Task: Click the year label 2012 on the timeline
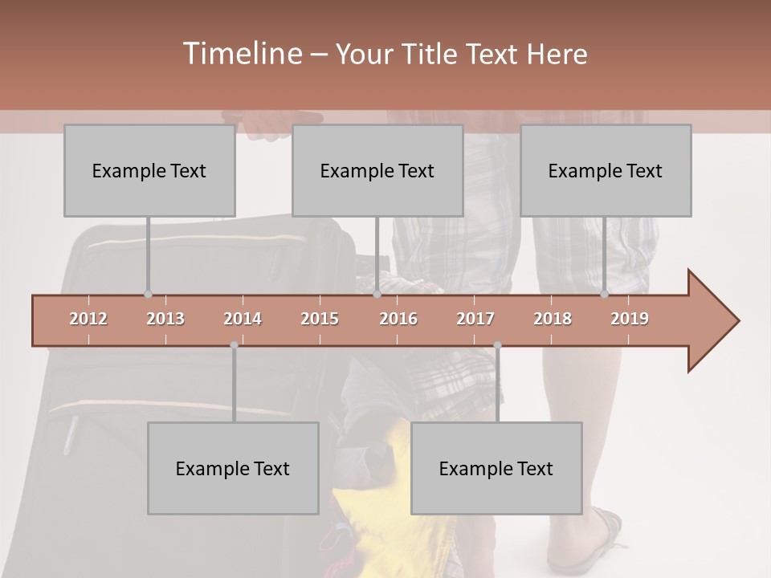pyautogui.click(x=88, y=319)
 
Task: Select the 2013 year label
pyautogui.click(x=165, y=319)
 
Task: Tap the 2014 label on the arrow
pyautogui.click(x=243, y=319)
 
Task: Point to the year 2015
pyautogui.click(x=320, y=319)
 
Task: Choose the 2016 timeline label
pyautogui.click(x=398, y=319)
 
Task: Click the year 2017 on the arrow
pyautogui.click(x=475, y=319)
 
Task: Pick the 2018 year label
pyautogui.click(x=553, y=319)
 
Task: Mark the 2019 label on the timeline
pyautogui.click(x=630, y=319)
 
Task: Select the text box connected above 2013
pyautogui.click(x=149, y=170)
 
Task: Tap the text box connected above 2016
pyautogui.click(x=377, y=170)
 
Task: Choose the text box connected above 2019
pyautogui.click(x=606, y=170)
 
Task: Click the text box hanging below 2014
pyautogui.click(x=233, y=468)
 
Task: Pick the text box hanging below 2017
pyautogui.click(x=496, y=468)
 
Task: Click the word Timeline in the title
pyautogui.click(x=241, y=54)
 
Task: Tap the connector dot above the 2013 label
pyautogui.click(x=148, y=295)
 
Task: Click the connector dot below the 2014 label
pyautogui.click(x=234, y=345)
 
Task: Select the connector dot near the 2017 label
pyautogui.click(x=497, y=345)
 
